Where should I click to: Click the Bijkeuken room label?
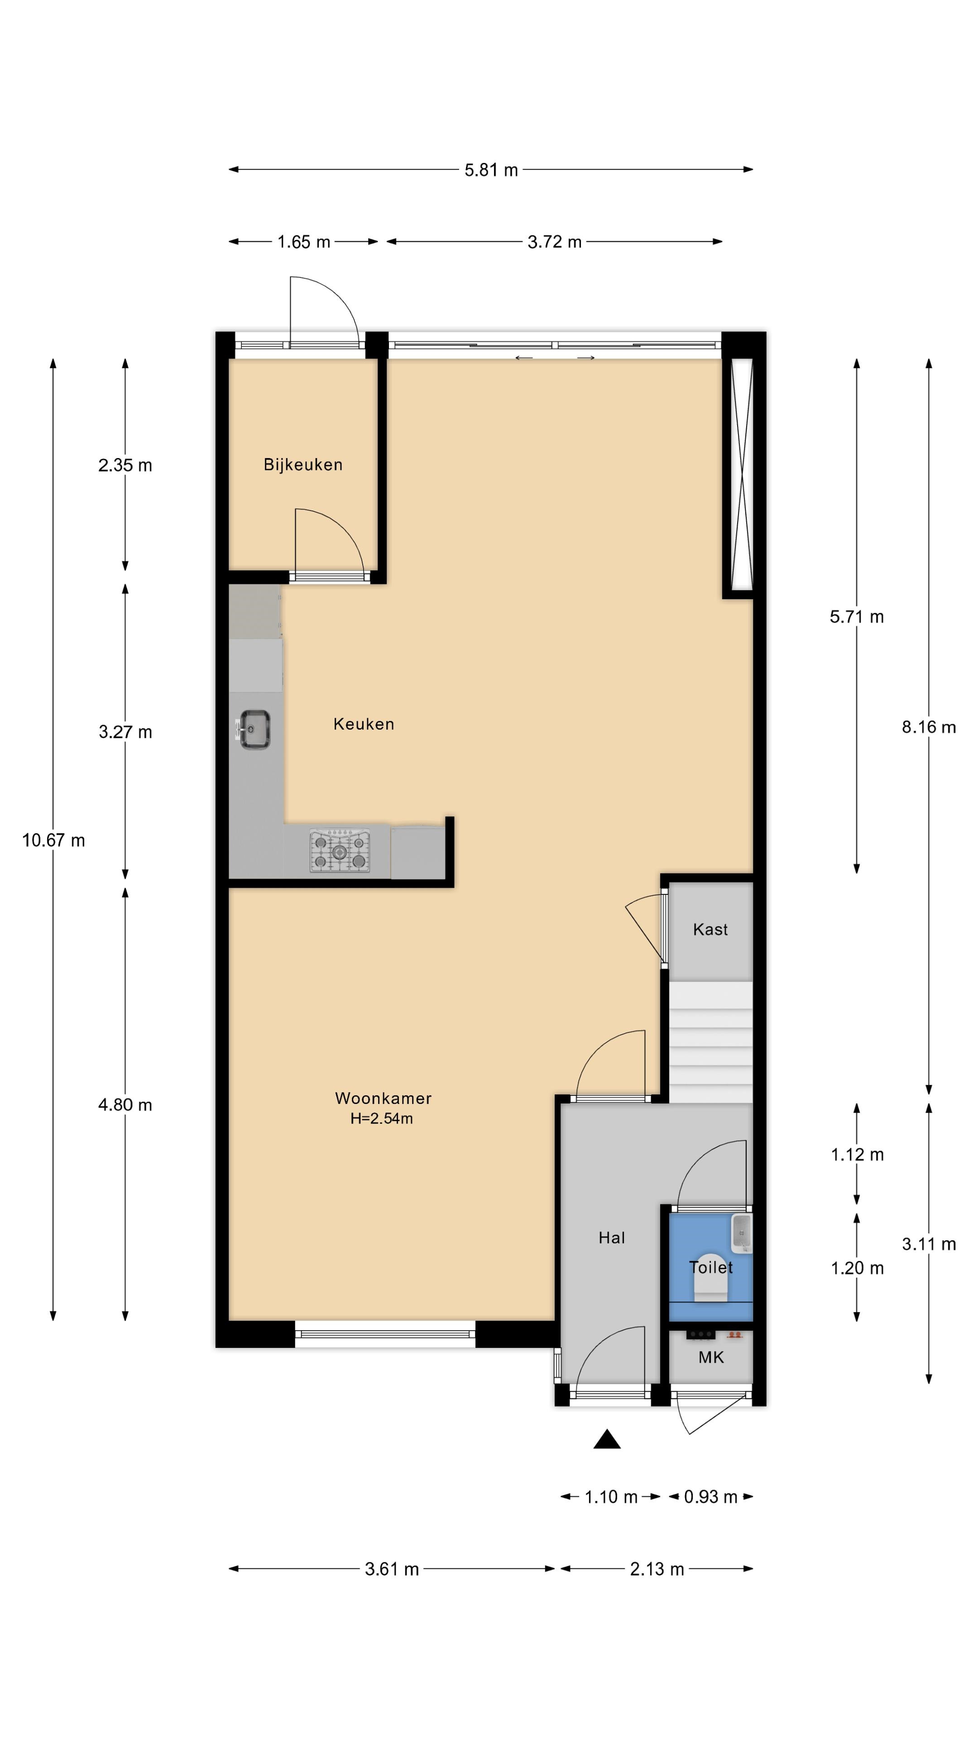(x=303, y=464)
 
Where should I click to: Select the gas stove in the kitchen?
(x=340, y=851)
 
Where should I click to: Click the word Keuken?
(x=364, y=724)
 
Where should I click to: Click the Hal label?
(x=612, y=1237)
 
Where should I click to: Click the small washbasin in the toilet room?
(x=741, y=1234)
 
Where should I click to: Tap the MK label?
(x=711, y=1357)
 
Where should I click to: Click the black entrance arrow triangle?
(x=607, y=1439)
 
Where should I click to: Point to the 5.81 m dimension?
(x=491, y=170)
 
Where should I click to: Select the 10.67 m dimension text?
(x=53, y=840)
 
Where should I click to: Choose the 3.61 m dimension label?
(x=392, y=1569)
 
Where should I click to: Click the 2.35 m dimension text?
(x=125, y=465)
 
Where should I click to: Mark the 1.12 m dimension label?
(x=857, y=1155)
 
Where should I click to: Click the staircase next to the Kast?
(x=711, y=1042)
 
